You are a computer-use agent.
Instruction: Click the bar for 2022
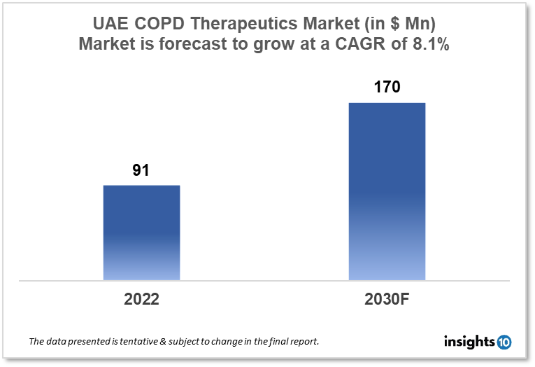(141, 233)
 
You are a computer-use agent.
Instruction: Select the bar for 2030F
(387, 191)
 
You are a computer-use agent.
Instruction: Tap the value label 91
(142, 170)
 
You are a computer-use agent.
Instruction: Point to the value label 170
(387, 88)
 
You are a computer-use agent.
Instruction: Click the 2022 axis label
(141, 299)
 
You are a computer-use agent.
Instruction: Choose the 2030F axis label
(387, 299)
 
